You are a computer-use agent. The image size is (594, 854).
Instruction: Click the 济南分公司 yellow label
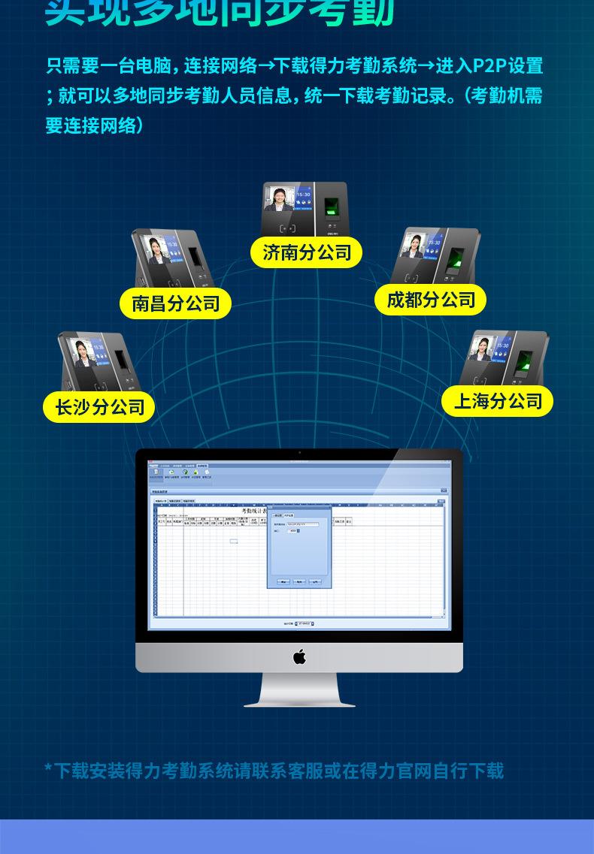307,252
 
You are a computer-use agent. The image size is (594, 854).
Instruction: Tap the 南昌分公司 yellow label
175,303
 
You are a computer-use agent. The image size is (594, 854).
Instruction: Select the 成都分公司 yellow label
431,300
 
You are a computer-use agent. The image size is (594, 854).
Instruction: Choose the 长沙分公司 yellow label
99,407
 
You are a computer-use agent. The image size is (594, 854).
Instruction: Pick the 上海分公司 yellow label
498,401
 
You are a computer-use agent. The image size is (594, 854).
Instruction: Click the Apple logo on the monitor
299,657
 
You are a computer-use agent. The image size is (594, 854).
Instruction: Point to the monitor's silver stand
299,691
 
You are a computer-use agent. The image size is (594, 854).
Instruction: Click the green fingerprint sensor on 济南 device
331,207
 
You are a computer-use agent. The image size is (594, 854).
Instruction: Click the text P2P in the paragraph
489,66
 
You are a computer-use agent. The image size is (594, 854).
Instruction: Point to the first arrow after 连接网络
267,66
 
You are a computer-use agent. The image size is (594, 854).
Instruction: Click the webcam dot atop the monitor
299,453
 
